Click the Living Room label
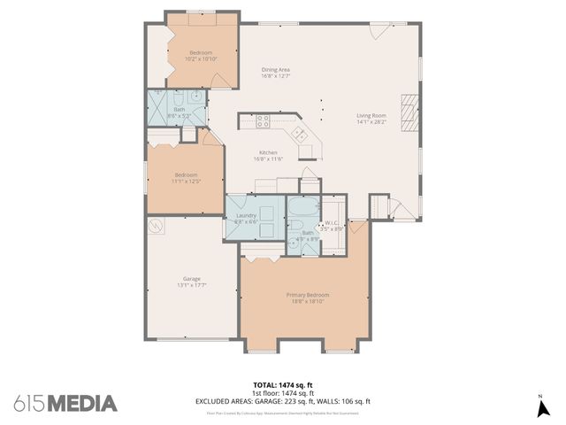pyautogui.click(x=371, y=116)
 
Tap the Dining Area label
pyautogui.click(x=276, y=70)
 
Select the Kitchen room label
pyautogui.click(x=268, y=152)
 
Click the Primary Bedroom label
pyautogui.click(x=307, y=295)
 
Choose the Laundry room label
pyautogui.click(x=246, y=216)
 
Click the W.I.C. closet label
pyautogui.click(x=333, y=223)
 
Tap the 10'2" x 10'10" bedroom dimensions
pyautogui.click(x=201, y=58)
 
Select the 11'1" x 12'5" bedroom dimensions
pyautogui.click(x=186, y=181)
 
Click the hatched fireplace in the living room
pyautogui.click(x=408, y=112)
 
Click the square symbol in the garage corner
pyautogui.click(x=157, y=227)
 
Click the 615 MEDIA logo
pyautogui.click(x=65, y=403)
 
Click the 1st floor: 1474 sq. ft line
pyautogui.click(x=282, y=393)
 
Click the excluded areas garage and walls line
pyautogui.click(x=282, y=401)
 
